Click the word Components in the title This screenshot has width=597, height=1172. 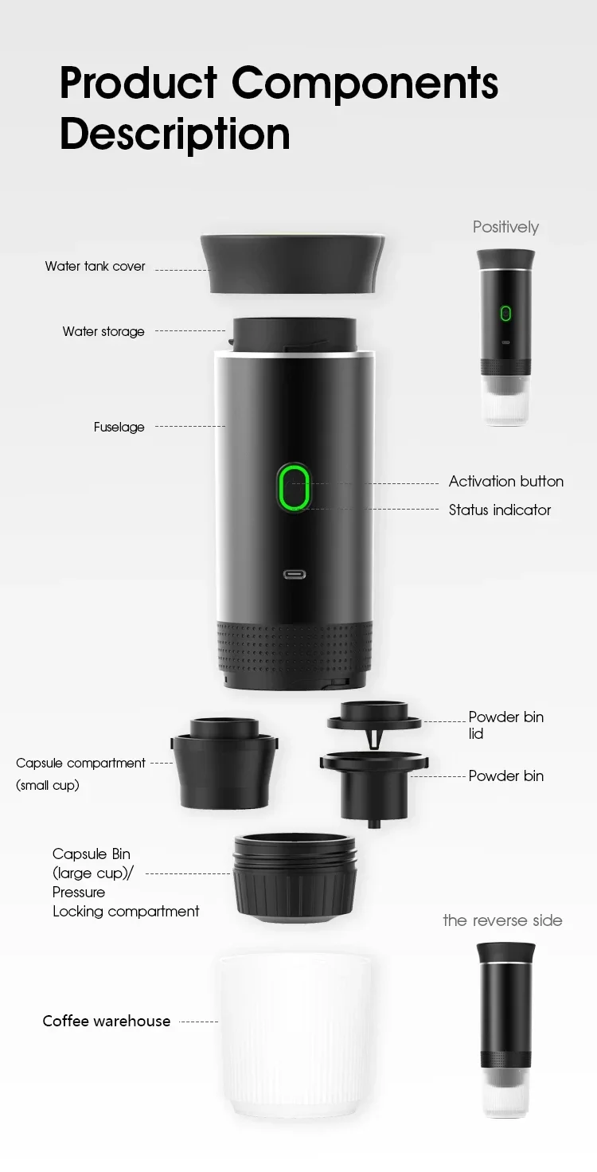pyautogui.click(x=365, y=84)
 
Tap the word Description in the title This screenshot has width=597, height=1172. pyautogui.click(x=174, y=134)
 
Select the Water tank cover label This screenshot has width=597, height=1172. pyautogui.click(x=96, y=267)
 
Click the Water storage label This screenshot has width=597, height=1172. pyautogui.click(x=103, y=331)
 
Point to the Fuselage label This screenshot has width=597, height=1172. pyautogui.click(x=119, y=428)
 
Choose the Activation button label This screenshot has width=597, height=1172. pyautogui.click(x=505, y=482)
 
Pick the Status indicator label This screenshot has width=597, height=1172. pyautogui.click(x=499, y=510)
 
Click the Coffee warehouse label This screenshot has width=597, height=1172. pyautogui.click(x=106, y=1022)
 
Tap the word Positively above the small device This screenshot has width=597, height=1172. pyautogui.click(x=505, y=228)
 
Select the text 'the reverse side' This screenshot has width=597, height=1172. pyautogui.click(x=502, y=921)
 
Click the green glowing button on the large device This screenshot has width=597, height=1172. pyautogui.click(x=294, y=487)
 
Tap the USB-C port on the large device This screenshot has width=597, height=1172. pyautogui.click(x=295, y=573)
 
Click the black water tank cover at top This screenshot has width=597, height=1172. pyautogui.click(x=293, y=263)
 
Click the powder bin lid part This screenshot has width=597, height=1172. pyautogui.click(x=373, y=716)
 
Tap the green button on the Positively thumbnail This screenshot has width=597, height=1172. pyautogui.click(x=505, y=313)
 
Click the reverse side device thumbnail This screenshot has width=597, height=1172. pyautogui.click(x=505, y=1027)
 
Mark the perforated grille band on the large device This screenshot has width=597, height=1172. pyautogui.click(x=294, y=647)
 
